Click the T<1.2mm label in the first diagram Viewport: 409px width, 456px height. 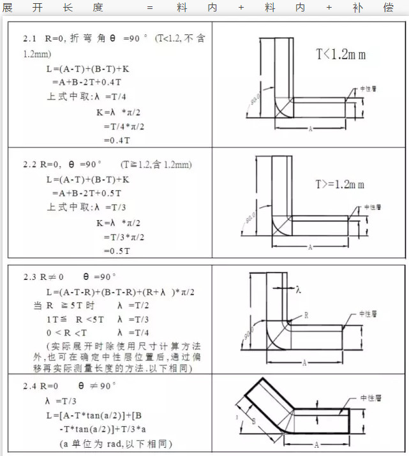pos(341,54)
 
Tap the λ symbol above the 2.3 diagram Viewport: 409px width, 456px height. pos(298,289)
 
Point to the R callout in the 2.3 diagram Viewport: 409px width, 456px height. pos(306,316)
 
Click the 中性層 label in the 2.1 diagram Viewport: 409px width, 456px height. pos(372,89)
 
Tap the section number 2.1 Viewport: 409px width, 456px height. pos(31,39)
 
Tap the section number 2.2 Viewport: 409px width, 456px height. pos(31,165)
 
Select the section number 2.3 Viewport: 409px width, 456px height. pos(31,277)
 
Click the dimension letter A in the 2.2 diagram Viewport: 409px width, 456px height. pos(310,247)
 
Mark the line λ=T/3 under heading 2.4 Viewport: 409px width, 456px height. pos(61,401)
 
